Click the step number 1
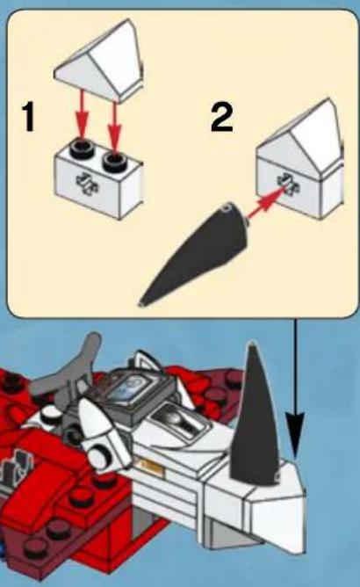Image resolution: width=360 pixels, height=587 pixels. coord(29,117)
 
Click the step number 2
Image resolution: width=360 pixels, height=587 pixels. coord(222,117)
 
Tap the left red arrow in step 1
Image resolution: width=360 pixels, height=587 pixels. coord(82,116)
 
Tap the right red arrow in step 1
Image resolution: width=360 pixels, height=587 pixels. coord(114,127)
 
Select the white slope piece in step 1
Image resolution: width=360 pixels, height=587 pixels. coord(99,61)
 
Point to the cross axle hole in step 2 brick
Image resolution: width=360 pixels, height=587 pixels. coord(288,185)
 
